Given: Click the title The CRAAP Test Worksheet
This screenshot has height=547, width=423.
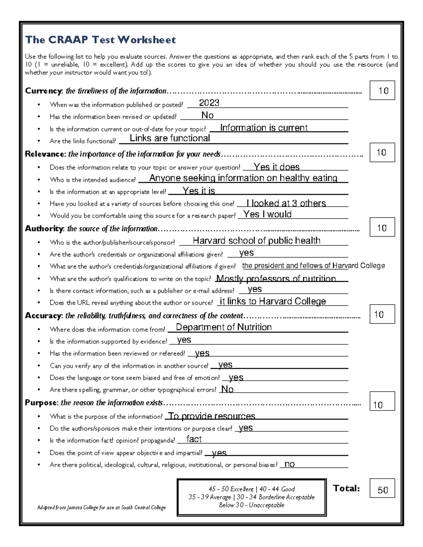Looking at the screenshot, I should point(100,40).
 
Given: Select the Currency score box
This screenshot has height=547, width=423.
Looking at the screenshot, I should point(382,91).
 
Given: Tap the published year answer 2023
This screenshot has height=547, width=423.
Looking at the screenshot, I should point(209,102).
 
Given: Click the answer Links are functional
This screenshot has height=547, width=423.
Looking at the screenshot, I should point(170,138).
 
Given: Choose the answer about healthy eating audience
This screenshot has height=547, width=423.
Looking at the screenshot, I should point(243,178).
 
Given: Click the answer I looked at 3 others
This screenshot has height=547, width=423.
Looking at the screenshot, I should point(286,203).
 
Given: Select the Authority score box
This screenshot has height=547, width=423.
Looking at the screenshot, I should point(382,228).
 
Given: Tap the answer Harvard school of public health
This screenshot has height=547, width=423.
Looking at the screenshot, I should point(256,241).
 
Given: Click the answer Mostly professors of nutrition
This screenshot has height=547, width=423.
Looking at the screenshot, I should point(276,279).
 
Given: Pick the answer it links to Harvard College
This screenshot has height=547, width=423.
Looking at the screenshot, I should point(273,301).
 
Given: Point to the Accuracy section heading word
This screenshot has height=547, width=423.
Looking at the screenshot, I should point(43,316).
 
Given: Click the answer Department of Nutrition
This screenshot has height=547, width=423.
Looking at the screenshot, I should point(223,327).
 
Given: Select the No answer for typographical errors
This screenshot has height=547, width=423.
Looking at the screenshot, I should point(227,389).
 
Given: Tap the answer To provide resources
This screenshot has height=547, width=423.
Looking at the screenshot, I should point(212,416).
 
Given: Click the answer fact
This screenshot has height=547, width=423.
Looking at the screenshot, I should point(194,439).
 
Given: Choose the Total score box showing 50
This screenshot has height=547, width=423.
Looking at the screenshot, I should point(382,489).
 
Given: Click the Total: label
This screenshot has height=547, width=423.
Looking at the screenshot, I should point(346,488).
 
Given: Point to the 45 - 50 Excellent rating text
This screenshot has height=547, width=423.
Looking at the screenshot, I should point(231,489).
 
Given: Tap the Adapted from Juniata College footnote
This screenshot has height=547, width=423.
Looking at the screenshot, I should point(102,508).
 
